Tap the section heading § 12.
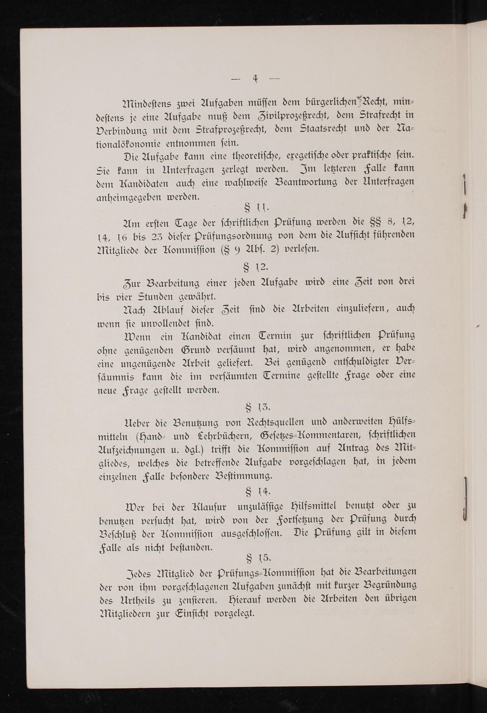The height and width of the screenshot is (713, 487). (x=256, y=268)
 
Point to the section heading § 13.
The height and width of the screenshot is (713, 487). (x=258, y=408)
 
